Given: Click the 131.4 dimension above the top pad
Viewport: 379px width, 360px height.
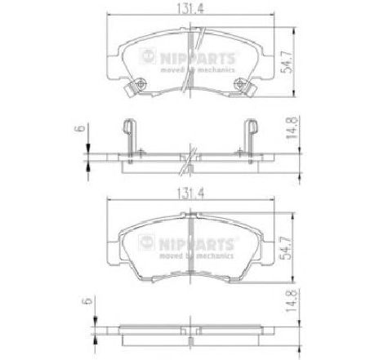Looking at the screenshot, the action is [x=190, y=8].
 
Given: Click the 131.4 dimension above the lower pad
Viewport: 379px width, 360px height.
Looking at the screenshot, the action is [x=190, y=193].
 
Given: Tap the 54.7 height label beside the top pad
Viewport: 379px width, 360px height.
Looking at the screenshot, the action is [x=288, y=62].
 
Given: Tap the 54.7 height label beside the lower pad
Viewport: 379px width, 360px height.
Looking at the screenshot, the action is [x=287, y=248].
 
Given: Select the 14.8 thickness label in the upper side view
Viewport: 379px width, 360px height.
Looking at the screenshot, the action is [x=292, y=127].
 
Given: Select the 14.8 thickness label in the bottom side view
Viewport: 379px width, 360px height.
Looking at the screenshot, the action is [x=292, y=300].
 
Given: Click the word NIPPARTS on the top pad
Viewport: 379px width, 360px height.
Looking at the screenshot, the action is [x=197, y=58].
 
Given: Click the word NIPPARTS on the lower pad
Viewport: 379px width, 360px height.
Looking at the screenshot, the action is [x=196, y=243].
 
